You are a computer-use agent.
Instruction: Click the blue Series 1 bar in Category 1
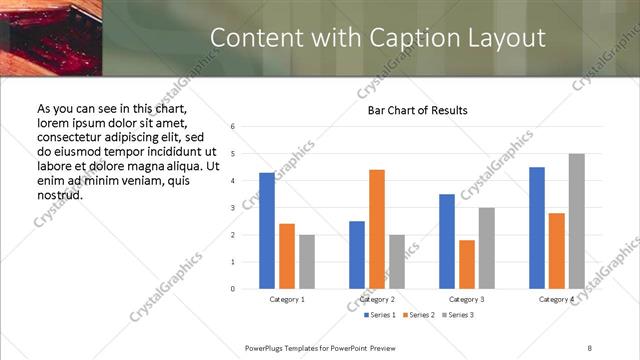[267, 231]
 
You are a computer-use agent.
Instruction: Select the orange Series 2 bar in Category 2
[377, 229]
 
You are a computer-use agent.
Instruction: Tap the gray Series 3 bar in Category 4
[576, 221]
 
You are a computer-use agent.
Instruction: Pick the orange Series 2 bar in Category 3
[467, 264]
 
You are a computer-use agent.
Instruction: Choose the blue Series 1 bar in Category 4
[537, 228]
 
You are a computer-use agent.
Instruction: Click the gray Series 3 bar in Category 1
[306, 262]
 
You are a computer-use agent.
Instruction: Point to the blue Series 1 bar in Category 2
[357, 255]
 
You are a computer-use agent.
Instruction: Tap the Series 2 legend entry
[419, 315]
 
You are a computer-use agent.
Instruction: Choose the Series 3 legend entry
[457, 315]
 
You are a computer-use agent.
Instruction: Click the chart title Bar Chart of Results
[411, 110]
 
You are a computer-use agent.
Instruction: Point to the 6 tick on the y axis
[232, 127]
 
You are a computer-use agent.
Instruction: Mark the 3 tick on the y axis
[232, 208]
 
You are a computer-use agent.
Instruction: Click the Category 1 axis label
[287, 299]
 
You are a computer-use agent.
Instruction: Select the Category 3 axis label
[467, 299]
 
